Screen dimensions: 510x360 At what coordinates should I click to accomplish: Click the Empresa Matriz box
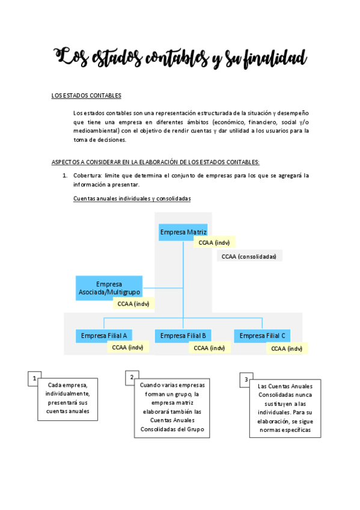click(x=183, y=232)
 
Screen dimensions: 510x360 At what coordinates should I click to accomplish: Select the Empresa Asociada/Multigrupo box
click(x=109, y=287)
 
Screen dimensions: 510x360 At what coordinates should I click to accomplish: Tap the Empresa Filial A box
click(x=104, y=336)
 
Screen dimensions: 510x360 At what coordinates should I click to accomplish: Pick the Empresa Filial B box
click(x=183, y=336)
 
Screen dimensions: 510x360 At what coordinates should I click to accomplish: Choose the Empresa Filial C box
click(x=262, y=336)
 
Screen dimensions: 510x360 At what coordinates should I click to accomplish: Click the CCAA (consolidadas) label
click(x=249, y=256)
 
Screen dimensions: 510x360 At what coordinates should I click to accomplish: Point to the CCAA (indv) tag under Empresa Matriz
click(x=214, y=242)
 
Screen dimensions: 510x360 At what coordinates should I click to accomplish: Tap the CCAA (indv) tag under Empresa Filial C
click(x=287, y=348)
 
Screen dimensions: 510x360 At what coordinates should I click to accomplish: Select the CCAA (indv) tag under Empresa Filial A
click(x=127, y=348)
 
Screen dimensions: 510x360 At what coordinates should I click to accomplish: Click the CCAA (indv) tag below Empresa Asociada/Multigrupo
click(x=133, y=304)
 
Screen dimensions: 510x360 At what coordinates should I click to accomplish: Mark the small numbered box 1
click(x=35, y=378)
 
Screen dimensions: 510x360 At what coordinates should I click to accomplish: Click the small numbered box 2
click(x=132, y=378)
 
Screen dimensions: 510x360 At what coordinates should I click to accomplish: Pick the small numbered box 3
click(x=246, y=379)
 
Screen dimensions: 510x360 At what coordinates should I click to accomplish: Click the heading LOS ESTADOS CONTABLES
click(x=87, y=96)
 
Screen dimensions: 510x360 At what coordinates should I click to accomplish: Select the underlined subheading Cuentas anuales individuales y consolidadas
click(x=132, y=199)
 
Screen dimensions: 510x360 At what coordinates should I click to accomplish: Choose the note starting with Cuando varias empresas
click(x=172, y=407)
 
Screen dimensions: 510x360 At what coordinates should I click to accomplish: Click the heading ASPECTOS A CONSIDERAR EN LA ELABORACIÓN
click(x=156, y=162)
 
